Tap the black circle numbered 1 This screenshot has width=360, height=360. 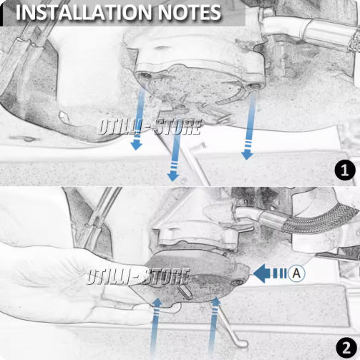click(x=345, y=171)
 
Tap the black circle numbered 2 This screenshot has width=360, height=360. click(x=346, y=349)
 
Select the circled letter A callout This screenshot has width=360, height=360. click(x=296, y=273)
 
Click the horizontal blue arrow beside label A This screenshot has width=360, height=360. click(x=270, y=273)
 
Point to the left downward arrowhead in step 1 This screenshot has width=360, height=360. click(x=137, y=145)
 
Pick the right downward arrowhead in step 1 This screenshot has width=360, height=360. click(x=248, y=155)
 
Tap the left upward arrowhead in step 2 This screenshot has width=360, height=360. click(x=157, y=303)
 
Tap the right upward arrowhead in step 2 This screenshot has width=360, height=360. click(x=216, y=301)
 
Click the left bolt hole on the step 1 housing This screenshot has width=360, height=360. click(x=145, y=76)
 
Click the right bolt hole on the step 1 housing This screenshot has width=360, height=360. click(x=253, y=86)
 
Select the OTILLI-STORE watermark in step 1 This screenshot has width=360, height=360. click(x=150, y=127)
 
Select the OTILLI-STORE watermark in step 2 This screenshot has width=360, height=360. click(x=138, y=277)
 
